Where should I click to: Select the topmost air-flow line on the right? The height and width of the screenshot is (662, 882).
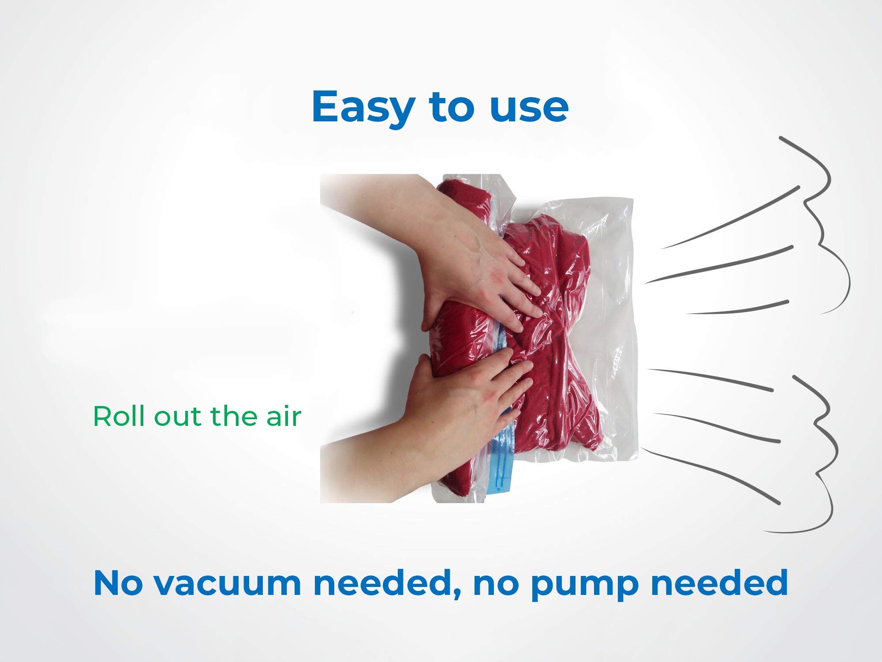[730, 216]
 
